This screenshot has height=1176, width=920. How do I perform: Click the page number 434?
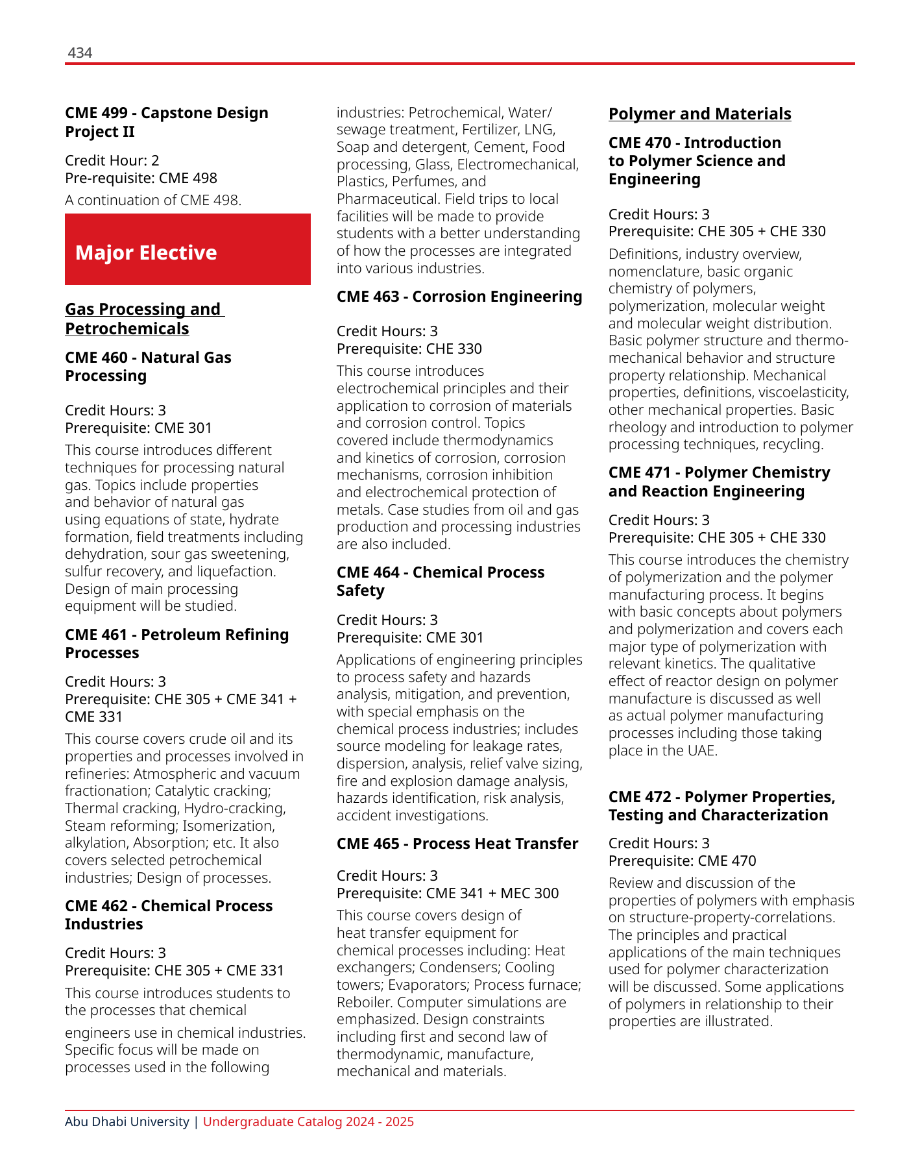point(80,53)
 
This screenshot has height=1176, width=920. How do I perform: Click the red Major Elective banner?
point(188,250)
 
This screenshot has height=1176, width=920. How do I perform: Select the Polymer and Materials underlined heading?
point(699,114)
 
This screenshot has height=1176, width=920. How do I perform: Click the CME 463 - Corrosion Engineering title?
point(459,297)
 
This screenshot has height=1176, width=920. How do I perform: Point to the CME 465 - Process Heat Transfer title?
point(457,844)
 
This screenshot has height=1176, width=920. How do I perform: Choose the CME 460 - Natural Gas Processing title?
point(148,367)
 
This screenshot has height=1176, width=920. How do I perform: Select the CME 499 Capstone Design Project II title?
point(166,122)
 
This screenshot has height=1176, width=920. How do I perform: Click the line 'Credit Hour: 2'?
point(112,160)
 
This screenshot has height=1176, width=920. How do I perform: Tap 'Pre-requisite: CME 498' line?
point(141,178)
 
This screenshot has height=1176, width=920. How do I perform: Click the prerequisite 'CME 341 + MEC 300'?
point(492,893)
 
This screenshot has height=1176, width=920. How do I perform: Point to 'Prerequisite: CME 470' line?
point(683,861)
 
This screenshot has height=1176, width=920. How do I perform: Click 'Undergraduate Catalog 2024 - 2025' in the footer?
point(308,1122)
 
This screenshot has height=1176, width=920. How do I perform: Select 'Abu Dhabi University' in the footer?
point(127,1122)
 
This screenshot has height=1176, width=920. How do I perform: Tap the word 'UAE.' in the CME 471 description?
point(701,751)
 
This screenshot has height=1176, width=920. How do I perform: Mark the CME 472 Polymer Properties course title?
point(721,806)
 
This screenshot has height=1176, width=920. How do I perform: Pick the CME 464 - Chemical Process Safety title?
point(441,582)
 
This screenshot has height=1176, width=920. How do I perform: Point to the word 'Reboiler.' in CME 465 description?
point(365,1002)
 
